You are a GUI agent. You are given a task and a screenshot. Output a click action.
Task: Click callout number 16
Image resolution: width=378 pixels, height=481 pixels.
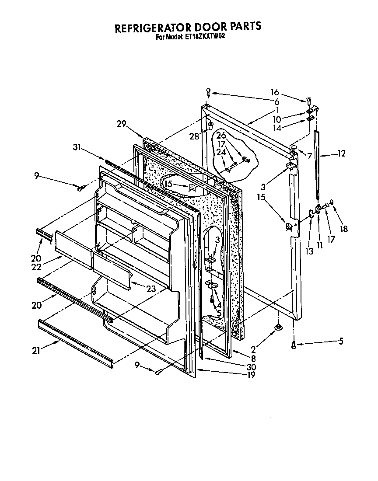point(274,92)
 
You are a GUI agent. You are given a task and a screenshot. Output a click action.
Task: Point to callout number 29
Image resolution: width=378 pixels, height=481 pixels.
point(121,124)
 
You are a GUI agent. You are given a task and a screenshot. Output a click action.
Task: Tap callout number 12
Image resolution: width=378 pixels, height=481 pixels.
point(342,153)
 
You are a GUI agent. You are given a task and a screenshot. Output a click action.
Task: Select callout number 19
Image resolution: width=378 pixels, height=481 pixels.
point(251,374)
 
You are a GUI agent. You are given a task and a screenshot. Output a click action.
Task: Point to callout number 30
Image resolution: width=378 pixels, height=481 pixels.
point(251,366)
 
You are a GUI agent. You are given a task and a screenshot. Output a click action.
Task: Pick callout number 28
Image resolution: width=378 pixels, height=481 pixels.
point(194,136)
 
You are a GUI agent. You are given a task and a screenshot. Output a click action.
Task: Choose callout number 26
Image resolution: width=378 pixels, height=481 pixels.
point(221,135)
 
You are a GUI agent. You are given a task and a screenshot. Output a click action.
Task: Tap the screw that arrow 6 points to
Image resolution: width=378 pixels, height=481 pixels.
point(209,92)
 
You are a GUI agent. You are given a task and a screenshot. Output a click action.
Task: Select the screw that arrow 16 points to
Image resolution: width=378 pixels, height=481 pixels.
point(309,101)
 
